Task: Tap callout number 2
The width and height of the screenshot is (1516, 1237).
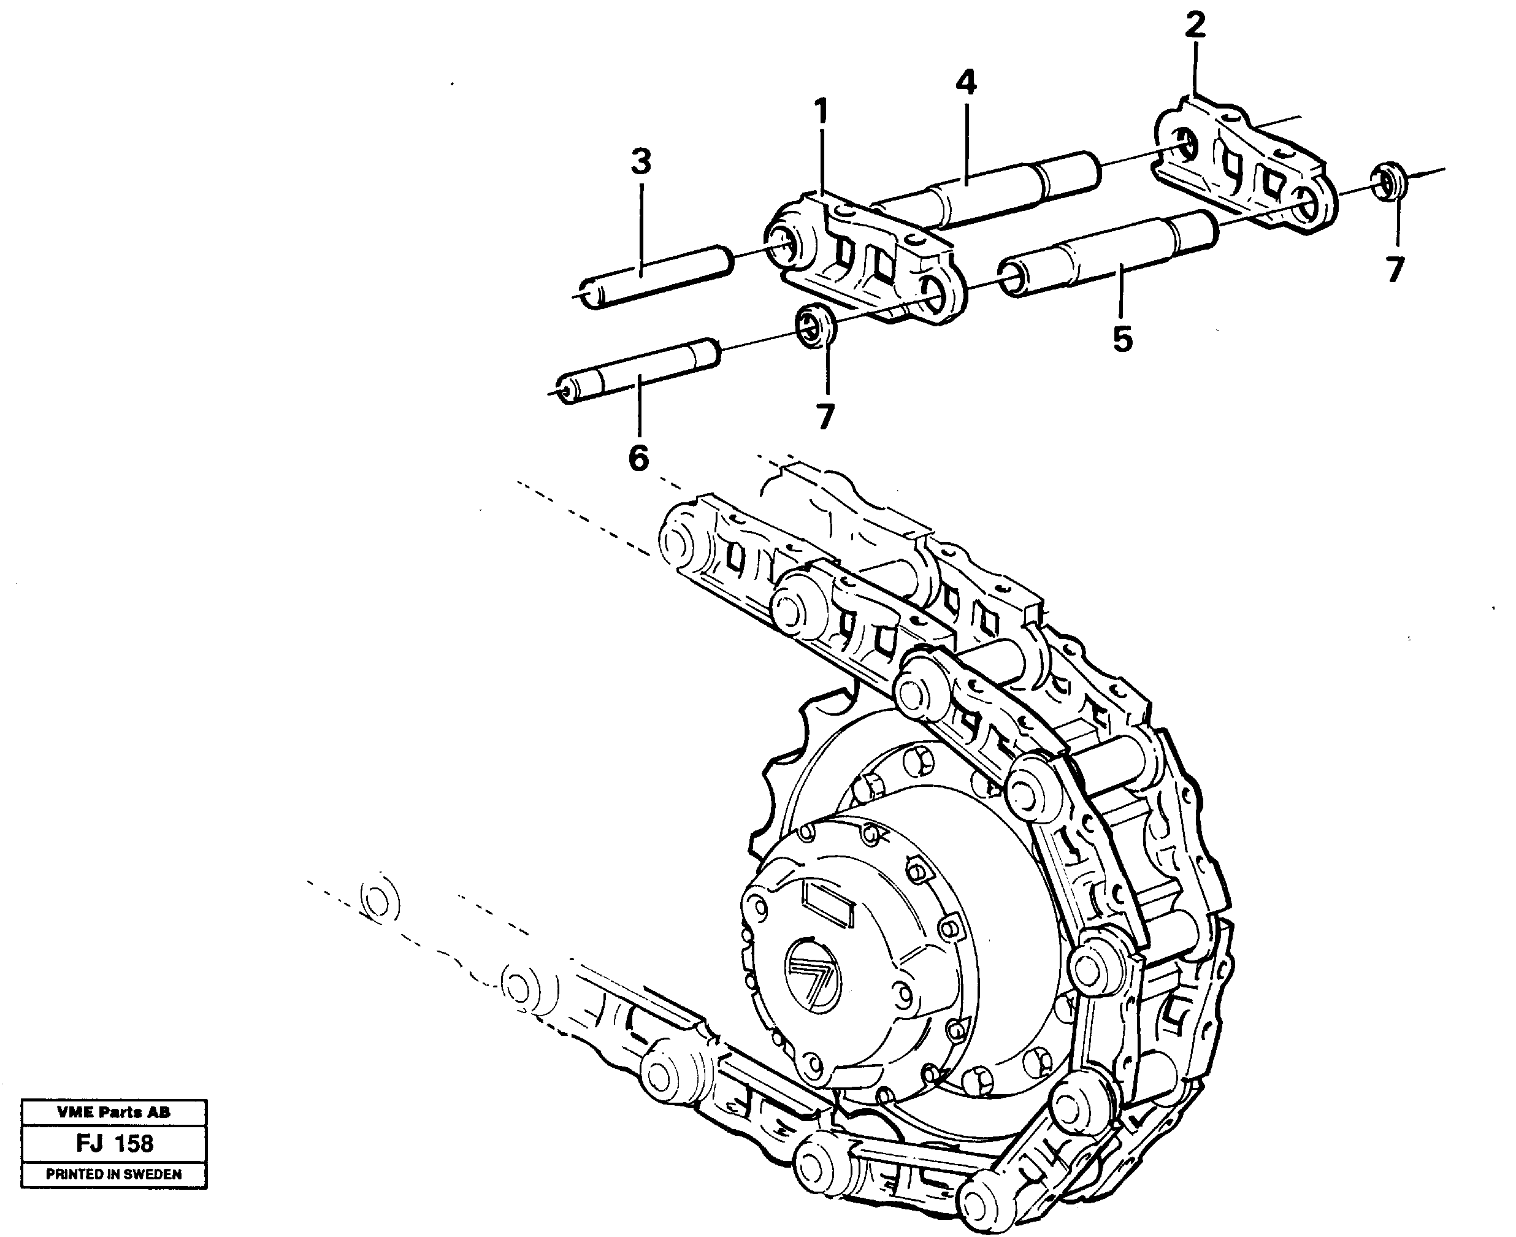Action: (1195, 25)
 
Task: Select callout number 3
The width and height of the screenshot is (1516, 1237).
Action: (641, 163)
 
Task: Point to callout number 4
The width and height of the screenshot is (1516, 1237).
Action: (966, 83)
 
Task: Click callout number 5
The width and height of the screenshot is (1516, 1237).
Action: (1122, 339)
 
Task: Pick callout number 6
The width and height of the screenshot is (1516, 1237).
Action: (638, 458)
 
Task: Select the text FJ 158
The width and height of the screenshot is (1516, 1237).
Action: (114, 1143)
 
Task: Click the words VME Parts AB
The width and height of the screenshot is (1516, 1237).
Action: (114, 1112)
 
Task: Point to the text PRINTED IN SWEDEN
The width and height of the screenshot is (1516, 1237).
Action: (114, 1174)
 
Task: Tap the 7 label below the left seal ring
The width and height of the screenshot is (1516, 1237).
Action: (825, 418)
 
